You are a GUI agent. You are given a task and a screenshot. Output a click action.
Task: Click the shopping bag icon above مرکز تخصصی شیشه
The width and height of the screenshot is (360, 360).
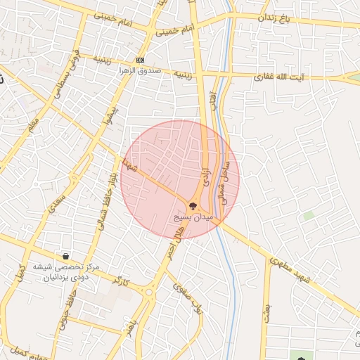[x=65, y=256]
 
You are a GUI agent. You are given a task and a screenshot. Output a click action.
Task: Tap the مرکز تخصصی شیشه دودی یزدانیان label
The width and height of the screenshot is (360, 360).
[x=74, y=271]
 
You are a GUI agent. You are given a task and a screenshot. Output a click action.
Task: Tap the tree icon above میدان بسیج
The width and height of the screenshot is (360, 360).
[x=191, y=205]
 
